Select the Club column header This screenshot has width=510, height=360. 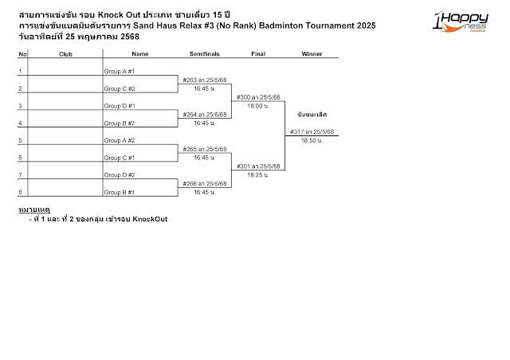[x=66, y=54]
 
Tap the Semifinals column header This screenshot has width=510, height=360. [x=205, y=54]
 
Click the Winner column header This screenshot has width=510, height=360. [x=312, y=54]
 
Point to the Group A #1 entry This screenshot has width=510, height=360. [x=120, y=72]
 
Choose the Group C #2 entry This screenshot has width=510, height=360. [x=120, y=88]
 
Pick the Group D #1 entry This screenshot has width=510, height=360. [x=120, y=106]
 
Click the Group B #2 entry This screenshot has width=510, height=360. [x=120, y=123]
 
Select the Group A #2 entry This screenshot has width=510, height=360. [x=120, y=140]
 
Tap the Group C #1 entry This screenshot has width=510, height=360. [x=120, y=157]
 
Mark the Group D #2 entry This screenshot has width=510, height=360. [x=120, y=174]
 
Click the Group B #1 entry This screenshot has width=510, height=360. [x=120, y=192]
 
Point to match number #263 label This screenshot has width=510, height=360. [x=205, y=80]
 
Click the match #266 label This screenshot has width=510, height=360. [x=205, y=183]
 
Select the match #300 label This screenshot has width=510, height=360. [x=258, y=97]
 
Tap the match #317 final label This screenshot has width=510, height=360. [x=312, y=131]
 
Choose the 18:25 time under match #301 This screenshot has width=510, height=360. [x=258, y=174]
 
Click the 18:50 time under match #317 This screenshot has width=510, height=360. [x=312, y=140]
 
